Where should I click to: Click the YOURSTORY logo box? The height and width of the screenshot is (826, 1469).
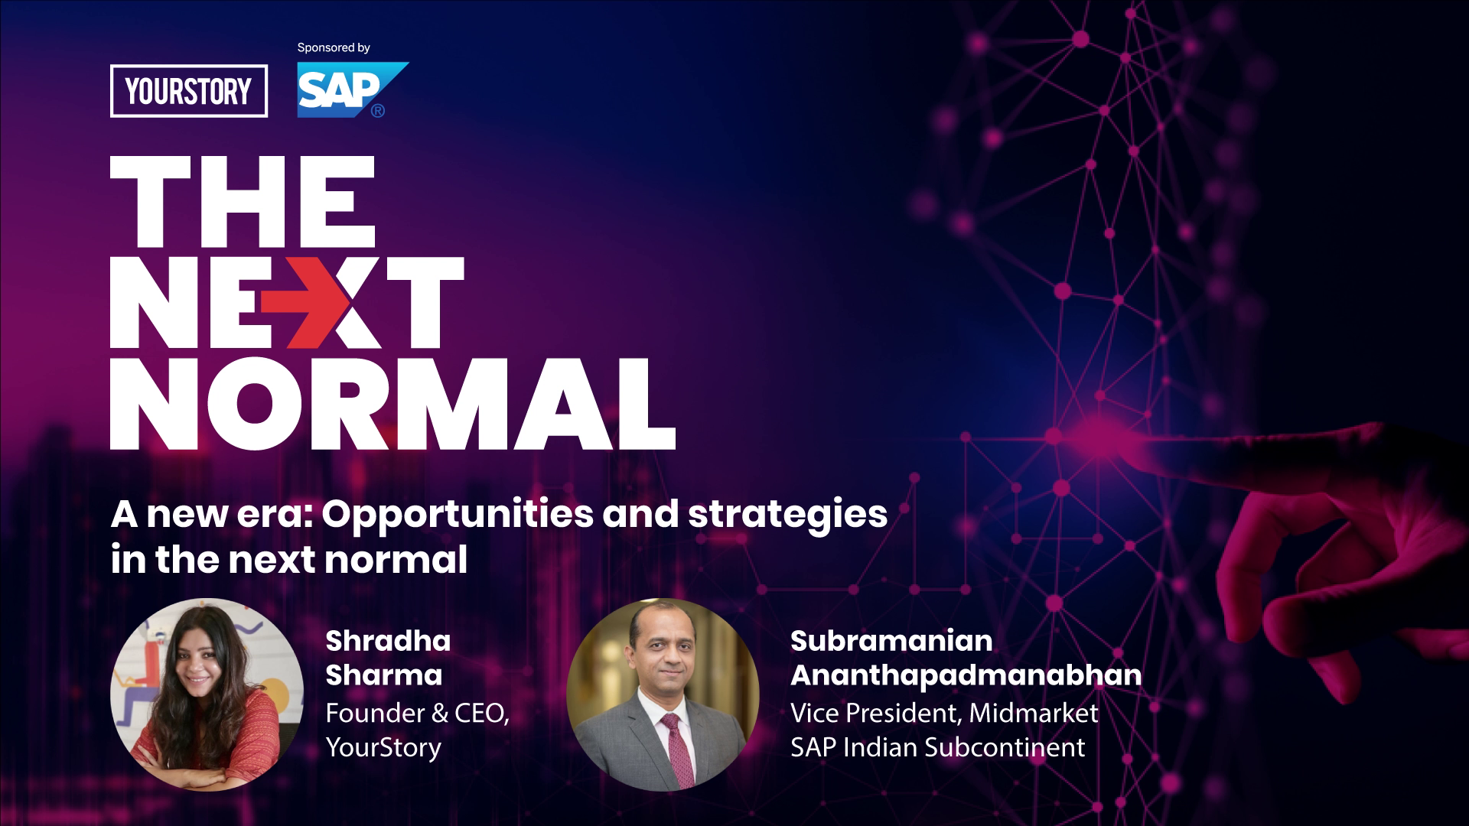189,91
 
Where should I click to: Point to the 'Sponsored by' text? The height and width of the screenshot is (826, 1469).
334,48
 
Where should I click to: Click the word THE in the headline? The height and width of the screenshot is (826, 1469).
243,201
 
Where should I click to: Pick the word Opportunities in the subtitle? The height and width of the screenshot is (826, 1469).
457,515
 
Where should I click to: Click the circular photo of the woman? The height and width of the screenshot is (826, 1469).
207,694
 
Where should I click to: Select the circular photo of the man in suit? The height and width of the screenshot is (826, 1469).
663,694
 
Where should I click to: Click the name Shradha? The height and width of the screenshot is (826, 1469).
388,641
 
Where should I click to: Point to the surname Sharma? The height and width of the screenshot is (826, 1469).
384,675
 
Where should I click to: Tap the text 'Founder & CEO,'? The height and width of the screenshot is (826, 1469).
418,714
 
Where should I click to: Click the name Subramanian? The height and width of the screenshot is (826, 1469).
891,641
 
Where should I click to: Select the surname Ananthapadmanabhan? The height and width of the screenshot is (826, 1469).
966,675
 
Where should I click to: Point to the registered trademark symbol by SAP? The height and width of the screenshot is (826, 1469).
378,111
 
